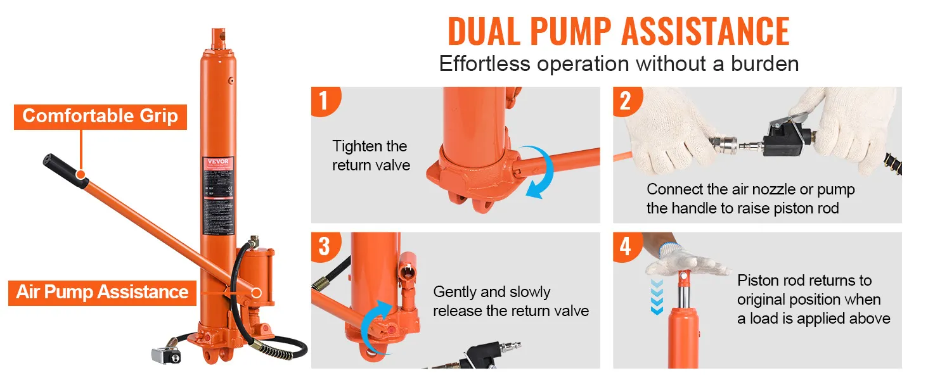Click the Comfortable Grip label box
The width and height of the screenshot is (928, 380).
[x=100, y=117]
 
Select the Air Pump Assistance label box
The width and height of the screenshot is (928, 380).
[x=102, y=292]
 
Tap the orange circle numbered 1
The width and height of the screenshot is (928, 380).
[x=324, y=101]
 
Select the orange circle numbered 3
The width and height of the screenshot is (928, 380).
[x=324, y=246]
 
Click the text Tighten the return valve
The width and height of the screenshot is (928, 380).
[x=371, y=156]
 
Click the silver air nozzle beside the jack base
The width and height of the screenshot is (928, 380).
[x=164, y=355]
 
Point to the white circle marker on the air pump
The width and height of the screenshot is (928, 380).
[x=256, y=292]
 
